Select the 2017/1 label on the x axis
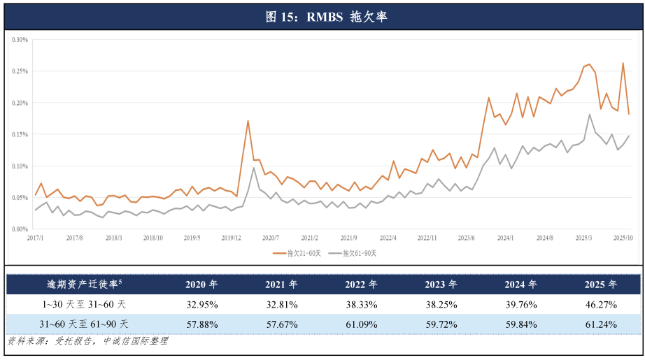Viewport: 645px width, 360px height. [35, 238]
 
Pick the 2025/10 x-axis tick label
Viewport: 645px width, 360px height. [623, 238]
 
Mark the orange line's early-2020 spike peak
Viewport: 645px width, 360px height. [248, 120]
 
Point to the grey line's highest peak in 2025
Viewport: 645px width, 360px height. [590, 115]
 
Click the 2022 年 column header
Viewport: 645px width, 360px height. [362, 285]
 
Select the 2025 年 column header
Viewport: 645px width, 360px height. [602, 285]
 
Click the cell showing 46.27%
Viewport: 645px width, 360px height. [602, 304]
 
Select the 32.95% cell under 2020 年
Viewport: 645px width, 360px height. [201, 304]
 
